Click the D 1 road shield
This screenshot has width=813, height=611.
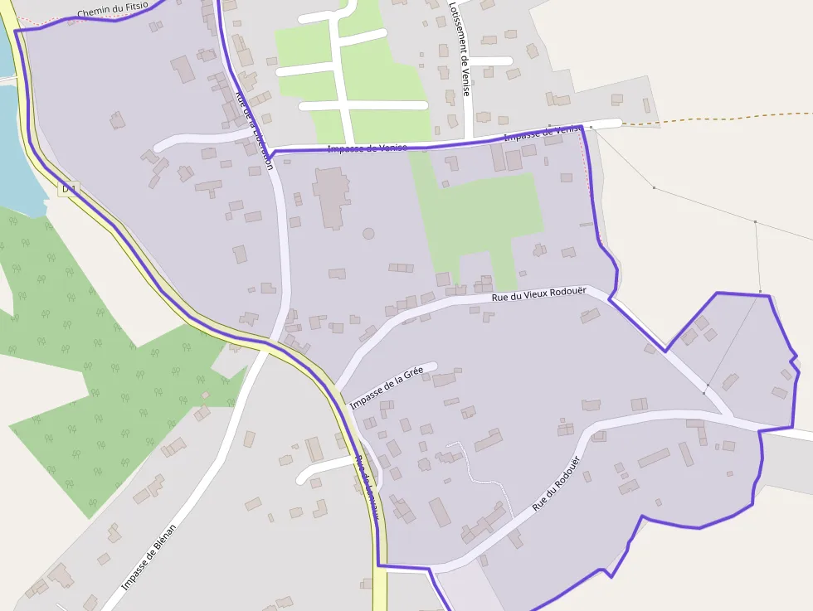click(x=69, y=190)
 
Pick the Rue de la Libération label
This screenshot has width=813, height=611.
click(x=255, y=129)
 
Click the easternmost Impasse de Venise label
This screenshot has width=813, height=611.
click(x=541, y=133)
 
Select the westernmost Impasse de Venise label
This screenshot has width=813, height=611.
click(x=367, y=148)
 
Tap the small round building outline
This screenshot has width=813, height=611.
click(x=368, y=234)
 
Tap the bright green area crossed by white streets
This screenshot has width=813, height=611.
click(x=365, y=83)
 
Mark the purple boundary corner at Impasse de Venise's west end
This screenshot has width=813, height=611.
click(x=270, y=157)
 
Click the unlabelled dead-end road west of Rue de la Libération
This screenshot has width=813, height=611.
click(x=199, y=138)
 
